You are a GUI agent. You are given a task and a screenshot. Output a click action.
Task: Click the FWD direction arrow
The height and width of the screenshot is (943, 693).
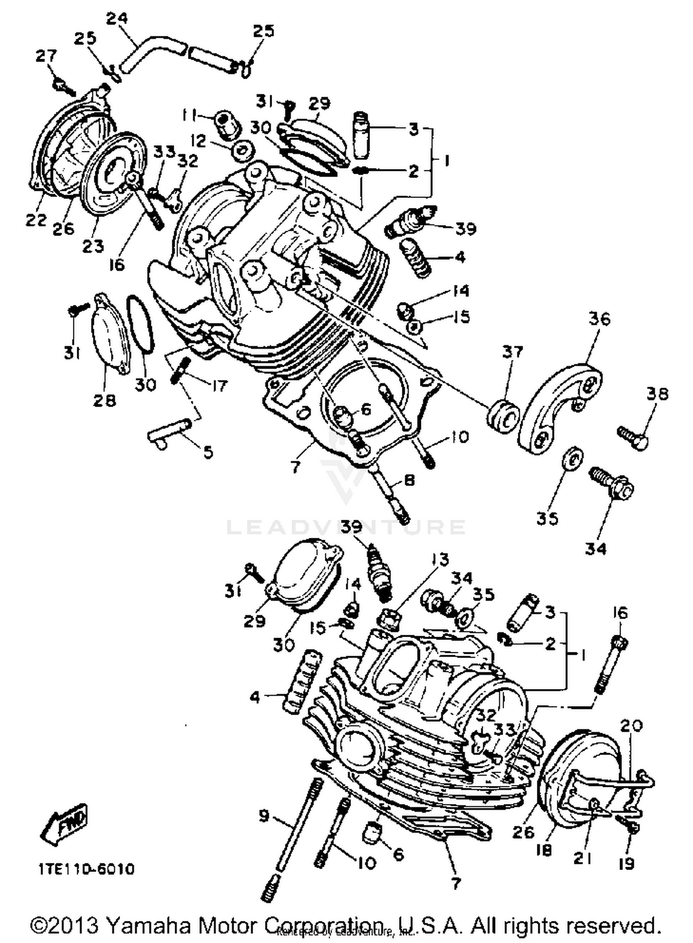click(65, 825)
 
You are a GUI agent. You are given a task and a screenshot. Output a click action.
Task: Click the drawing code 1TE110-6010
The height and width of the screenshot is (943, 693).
click(86, 870)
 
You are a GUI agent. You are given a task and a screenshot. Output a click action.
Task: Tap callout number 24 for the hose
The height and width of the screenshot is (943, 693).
click(117, 19)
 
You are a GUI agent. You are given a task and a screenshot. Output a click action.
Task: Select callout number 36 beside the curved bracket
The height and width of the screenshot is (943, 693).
click(599, 319)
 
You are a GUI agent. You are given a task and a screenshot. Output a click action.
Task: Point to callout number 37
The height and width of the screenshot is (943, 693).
click(512, 352)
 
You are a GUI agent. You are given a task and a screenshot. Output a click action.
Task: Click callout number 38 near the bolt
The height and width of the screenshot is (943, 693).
click(657, 394)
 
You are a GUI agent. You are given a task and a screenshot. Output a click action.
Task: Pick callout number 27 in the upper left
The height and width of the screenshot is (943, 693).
click(46, 56)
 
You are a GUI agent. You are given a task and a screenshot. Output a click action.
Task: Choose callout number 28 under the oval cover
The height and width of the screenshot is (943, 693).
click(104, 400)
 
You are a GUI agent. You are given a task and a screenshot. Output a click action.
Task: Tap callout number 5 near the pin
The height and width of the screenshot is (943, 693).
click(208, 452)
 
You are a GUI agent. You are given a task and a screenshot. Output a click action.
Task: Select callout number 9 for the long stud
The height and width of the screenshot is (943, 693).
click(264, 816)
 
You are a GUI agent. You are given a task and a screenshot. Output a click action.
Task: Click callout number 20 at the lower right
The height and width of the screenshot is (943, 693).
click(631, 726)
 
